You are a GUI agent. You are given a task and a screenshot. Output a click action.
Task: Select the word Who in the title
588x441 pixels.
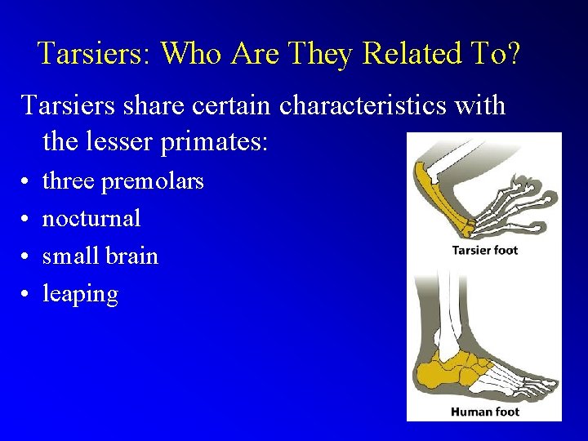tap(193, 54)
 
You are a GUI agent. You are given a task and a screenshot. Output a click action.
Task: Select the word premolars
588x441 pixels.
tap(152, 180)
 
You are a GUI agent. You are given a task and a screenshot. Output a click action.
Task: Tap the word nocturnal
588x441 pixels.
tap(91, 218)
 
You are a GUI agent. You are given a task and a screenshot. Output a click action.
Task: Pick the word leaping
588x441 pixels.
tap(80, 294)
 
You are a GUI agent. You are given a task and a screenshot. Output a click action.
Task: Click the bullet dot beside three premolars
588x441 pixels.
tap(27, 181)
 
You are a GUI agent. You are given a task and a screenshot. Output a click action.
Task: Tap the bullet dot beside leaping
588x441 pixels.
tap(27, 294)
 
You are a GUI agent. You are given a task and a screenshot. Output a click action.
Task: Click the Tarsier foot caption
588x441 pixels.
tap(485, 250)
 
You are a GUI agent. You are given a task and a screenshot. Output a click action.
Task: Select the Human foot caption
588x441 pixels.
tap(484, 412)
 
